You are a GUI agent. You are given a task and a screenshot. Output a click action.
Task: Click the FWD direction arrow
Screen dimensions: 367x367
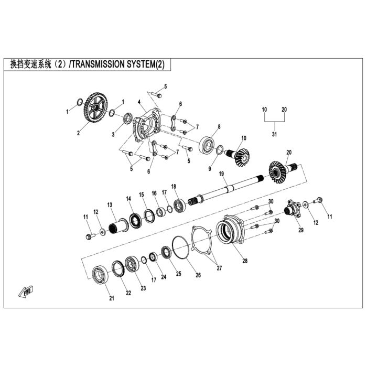tap(26, 292)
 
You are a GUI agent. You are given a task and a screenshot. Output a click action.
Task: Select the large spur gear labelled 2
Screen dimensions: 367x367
tap(95, 107)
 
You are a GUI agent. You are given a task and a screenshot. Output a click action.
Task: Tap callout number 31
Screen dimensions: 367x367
tap(274, 134)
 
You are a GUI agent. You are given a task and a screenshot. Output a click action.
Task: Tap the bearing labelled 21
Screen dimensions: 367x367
tap(100, 275)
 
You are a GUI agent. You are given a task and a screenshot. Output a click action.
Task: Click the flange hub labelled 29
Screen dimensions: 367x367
tap(293, 208)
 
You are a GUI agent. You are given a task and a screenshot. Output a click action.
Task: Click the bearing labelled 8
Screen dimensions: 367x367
tap(208, 145)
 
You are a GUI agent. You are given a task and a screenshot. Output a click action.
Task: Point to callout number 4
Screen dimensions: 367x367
tap(139, 102)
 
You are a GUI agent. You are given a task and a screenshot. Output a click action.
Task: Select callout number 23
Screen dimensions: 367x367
tap(143, 288)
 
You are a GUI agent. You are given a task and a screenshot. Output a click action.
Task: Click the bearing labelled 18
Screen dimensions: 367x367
tap(180, 205)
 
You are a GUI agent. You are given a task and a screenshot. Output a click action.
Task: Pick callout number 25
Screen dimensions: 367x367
tap(179, 274)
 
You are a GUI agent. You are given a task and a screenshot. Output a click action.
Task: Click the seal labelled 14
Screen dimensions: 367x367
tap(135, 221)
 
